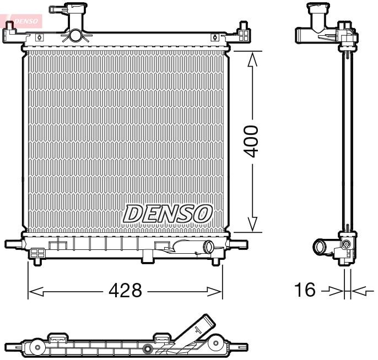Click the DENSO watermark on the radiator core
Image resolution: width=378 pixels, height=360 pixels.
tap(168, 214)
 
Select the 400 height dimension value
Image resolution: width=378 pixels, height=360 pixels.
tap(252, 141)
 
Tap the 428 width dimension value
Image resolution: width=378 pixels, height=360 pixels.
tap(125, 290)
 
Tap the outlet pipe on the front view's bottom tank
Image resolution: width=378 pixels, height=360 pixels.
tap(208, 247)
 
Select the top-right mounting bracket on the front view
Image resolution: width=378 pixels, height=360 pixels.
tap(243, 34)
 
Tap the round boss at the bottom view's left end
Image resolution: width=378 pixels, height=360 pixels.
tap(37, 347)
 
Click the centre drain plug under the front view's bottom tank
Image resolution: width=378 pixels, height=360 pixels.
tap(149, 255)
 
